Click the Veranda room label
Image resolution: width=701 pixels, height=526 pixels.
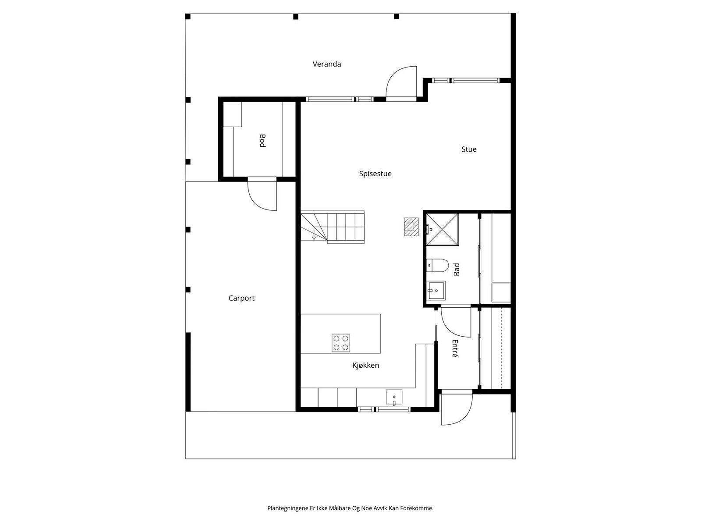click(x=326, y=64)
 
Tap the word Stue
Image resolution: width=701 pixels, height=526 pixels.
click(x=468, y=149)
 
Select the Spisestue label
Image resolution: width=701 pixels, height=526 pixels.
click(x=375, y=174)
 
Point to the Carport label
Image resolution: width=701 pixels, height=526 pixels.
click(x=241, y=299)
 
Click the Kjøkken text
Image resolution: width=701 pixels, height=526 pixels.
click(x=365, y=366)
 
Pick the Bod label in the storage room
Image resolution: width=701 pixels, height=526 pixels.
click(x=262, y=141)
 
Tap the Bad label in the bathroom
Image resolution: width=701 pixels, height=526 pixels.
click(x=457, y=269)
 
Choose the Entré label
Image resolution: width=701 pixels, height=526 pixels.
click(x=455, y=348)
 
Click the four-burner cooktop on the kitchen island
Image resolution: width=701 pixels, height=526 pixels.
click(x=340, y=343)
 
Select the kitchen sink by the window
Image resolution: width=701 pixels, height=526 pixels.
click(x=394, y=397)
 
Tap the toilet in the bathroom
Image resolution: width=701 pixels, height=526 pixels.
click(x=438, y=265)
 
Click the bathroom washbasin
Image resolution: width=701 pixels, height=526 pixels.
click(x=436, y=290)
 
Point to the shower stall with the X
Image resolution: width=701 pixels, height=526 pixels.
click(x=442, y=229)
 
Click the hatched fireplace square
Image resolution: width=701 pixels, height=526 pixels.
click(x=411, y=227)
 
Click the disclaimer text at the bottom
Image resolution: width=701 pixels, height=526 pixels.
click(x=350, y=508)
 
